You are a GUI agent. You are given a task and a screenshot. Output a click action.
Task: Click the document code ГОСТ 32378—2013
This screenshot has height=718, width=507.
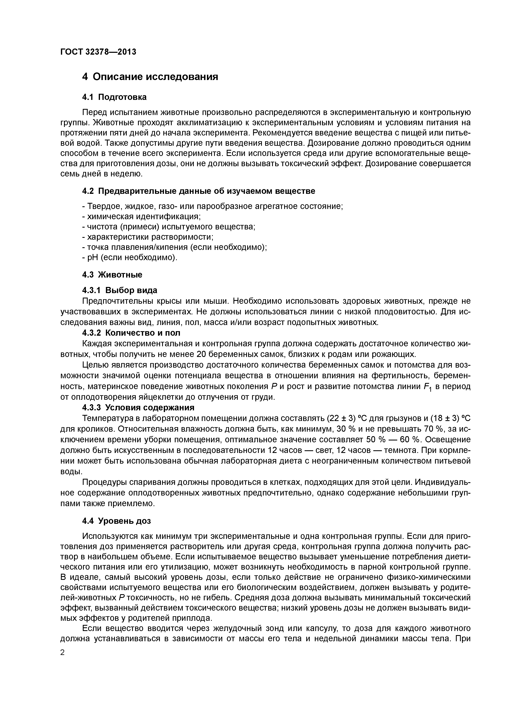98,52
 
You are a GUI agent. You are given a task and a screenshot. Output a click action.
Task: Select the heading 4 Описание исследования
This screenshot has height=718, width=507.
150,77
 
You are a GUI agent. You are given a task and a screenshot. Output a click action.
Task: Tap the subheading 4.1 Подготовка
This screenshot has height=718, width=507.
114,97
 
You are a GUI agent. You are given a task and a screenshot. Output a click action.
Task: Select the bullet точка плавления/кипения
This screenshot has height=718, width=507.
174,247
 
